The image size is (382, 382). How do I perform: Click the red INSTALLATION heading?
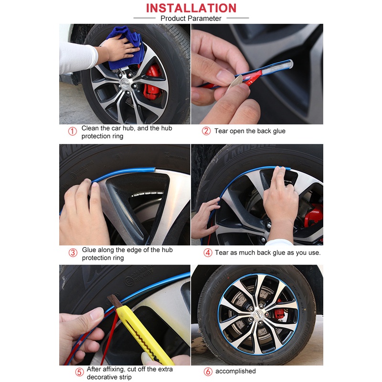(x=191, y=8)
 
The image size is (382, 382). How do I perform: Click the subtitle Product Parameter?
(x=191, y=18)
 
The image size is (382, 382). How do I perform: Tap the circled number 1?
(x=73, y=131)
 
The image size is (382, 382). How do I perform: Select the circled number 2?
(x=206, y=131)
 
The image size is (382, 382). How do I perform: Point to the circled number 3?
(x=73, y=253)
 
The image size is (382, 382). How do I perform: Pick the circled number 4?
(x=208, y=253)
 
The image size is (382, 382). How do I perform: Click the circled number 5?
(x=79, y=372)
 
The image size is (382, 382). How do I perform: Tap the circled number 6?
(x=208, y=371)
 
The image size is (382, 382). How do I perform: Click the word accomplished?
(x=235, y=371)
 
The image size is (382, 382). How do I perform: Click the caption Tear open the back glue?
(x=250, y=131)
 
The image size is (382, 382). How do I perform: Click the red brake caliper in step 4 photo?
(x=314, y=214)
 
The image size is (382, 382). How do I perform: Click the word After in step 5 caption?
(x=94, y=369)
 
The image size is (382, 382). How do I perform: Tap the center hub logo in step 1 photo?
(x=125, y=83)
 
